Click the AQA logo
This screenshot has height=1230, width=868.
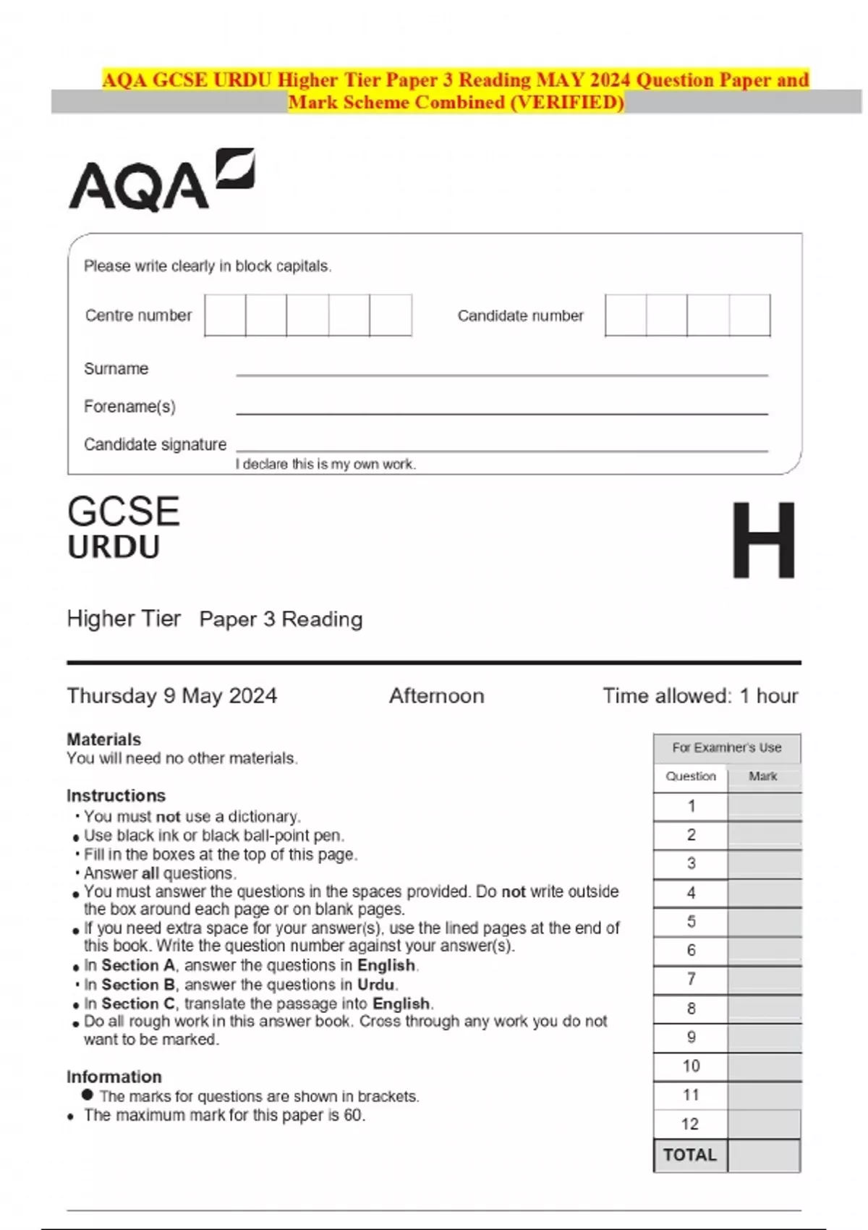(x=161, y=181)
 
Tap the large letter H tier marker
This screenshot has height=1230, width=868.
(x=763, y=540)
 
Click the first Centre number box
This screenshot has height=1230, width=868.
(x=225, y=315)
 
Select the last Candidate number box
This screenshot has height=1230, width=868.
(x=749, y=315)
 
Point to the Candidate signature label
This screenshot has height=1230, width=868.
(x=155, y=444)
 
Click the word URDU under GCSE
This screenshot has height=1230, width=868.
(x=114, y=548)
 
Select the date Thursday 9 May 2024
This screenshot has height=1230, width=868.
(x=171, y=696)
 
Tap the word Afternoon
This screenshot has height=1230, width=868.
(x=436, y=696)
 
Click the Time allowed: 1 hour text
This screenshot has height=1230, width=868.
(x=700, y=696)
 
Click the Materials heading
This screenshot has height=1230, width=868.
(x=103, y=739)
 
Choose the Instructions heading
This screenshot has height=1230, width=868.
(x=116, y=795)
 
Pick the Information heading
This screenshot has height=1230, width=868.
(x=114, y=1077)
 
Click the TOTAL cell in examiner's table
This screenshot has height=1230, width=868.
(x=689, y=1155)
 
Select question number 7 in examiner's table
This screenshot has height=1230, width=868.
(x=691, y=979)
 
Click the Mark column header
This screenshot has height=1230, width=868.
(x=763, y=776)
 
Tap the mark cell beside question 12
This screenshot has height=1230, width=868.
(x=764, y=1124)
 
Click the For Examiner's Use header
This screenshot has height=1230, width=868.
(x=726, y=747)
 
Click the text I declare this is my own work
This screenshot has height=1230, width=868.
(x=325, y=465)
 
